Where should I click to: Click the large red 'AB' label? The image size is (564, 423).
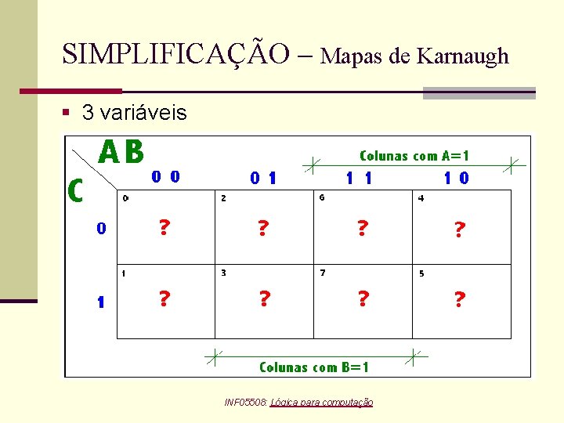[121, 152]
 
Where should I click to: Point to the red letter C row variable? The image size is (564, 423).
[76, 190]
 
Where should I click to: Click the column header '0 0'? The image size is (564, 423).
[165, 177]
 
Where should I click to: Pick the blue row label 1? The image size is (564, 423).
[101, 302]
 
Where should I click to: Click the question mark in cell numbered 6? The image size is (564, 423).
[362, 228]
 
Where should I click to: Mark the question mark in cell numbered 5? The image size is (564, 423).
[460, 299]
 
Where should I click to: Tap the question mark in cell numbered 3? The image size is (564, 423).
[265, 299]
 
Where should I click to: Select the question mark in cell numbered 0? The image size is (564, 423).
[164, 227]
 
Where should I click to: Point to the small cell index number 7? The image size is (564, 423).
[323, 273]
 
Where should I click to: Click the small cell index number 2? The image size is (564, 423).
[223, 198]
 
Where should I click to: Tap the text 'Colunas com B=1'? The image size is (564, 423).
[314, 367]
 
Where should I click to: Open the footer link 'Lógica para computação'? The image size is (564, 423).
[321, 402]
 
